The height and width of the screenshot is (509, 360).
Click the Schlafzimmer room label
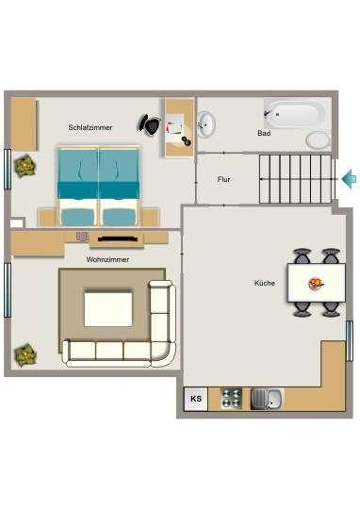(x=90, y=127)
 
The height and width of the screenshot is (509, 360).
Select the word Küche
(x=265, y=283)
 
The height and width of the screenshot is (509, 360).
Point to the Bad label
(x=264, y=134)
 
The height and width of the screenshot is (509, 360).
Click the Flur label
(x=224, y=179)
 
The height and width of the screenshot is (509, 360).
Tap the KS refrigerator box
(x=196, y=400)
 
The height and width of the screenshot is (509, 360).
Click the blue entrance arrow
(x=348, y=177)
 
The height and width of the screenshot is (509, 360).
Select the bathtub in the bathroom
(x=294, y=114)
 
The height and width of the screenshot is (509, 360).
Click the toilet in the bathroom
(x=318, y=140)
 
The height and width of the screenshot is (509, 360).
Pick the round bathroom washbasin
(x=207, y=123)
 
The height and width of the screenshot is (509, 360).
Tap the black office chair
(x=149, y=123)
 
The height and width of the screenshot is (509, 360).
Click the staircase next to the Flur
(x=297, y=179)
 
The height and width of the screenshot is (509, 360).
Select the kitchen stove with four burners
(x=232, y=399)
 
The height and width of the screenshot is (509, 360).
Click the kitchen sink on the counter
(x=268, y=399)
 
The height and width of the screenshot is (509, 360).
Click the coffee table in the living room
(x=108, y=308)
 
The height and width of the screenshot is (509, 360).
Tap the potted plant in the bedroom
(x=25, y=167)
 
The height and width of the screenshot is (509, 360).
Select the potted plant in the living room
(x=25, y=355)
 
